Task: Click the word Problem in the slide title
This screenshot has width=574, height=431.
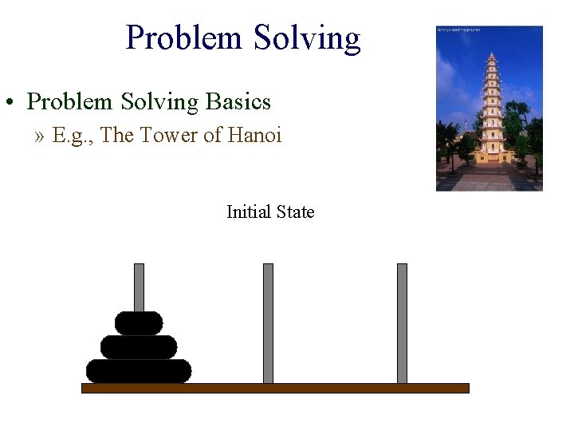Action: coord(185,38)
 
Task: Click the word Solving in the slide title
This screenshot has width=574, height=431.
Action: coord(307,38)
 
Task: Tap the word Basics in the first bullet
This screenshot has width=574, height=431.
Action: coord(238,102)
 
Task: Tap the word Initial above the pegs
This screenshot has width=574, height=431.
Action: coord(249,212)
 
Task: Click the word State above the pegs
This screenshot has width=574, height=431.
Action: coord(295,212)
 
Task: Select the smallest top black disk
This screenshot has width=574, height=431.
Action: coord(139,322)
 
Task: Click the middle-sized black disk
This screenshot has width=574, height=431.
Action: coord(139,347)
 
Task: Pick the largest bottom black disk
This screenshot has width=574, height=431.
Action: coord(139,371)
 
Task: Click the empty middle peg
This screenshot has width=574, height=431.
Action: coord(268,323)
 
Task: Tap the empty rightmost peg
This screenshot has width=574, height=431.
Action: coord(402,323)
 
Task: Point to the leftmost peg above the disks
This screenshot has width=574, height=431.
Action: coord(139,286)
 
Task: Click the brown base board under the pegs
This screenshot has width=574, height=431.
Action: coord(275,388)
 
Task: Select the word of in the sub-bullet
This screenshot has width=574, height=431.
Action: coord(212,136)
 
